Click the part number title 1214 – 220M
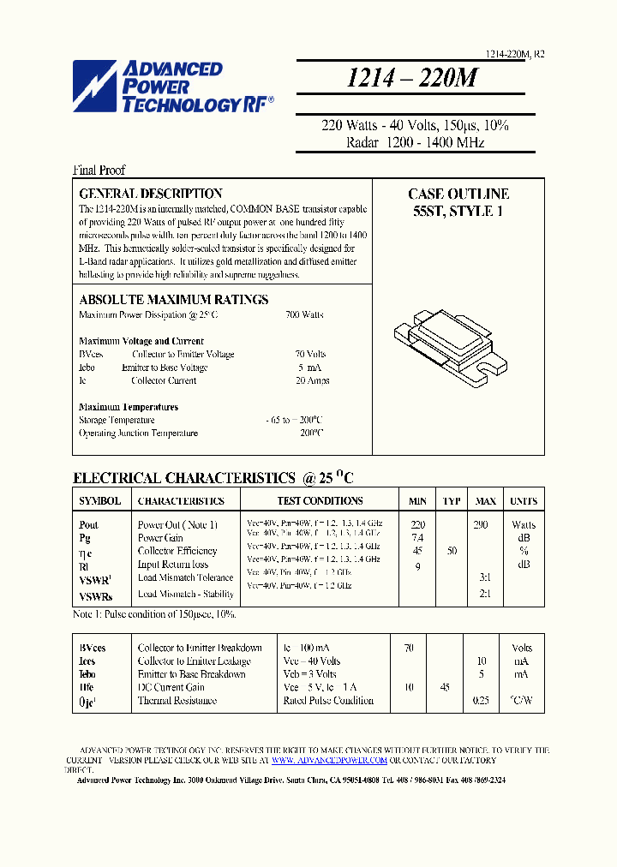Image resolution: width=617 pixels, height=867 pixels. (411, 78)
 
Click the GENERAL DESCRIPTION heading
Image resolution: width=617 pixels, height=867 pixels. (151, 194)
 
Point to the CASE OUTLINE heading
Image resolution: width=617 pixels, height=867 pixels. (458, 194)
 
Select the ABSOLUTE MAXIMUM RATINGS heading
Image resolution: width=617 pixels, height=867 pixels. (174, 300)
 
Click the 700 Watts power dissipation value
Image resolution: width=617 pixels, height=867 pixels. (304, 315)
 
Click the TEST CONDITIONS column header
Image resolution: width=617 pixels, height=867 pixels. (320, 501)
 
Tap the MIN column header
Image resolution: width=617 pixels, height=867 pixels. (417, 501)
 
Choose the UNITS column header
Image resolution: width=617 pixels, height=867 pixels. (523, 501)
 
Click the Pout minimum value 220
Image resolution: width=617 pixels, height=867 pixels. (417, 524)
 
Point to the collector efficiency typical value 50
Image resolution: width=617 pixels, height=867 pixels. (451, 551)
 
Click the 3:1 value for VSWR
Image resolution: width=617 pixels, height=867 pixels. (485, 577)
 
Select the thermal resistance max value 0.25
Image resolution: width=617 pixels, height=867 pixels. (482, 701)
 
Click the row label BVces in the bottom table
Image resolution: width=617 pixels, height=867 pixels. (93, 649)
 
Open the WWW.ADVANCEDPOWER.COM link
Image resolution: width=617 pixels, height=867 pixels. (329, 760)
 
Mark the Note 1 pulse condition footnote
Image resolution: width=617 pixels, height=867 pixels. (154, 615)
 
